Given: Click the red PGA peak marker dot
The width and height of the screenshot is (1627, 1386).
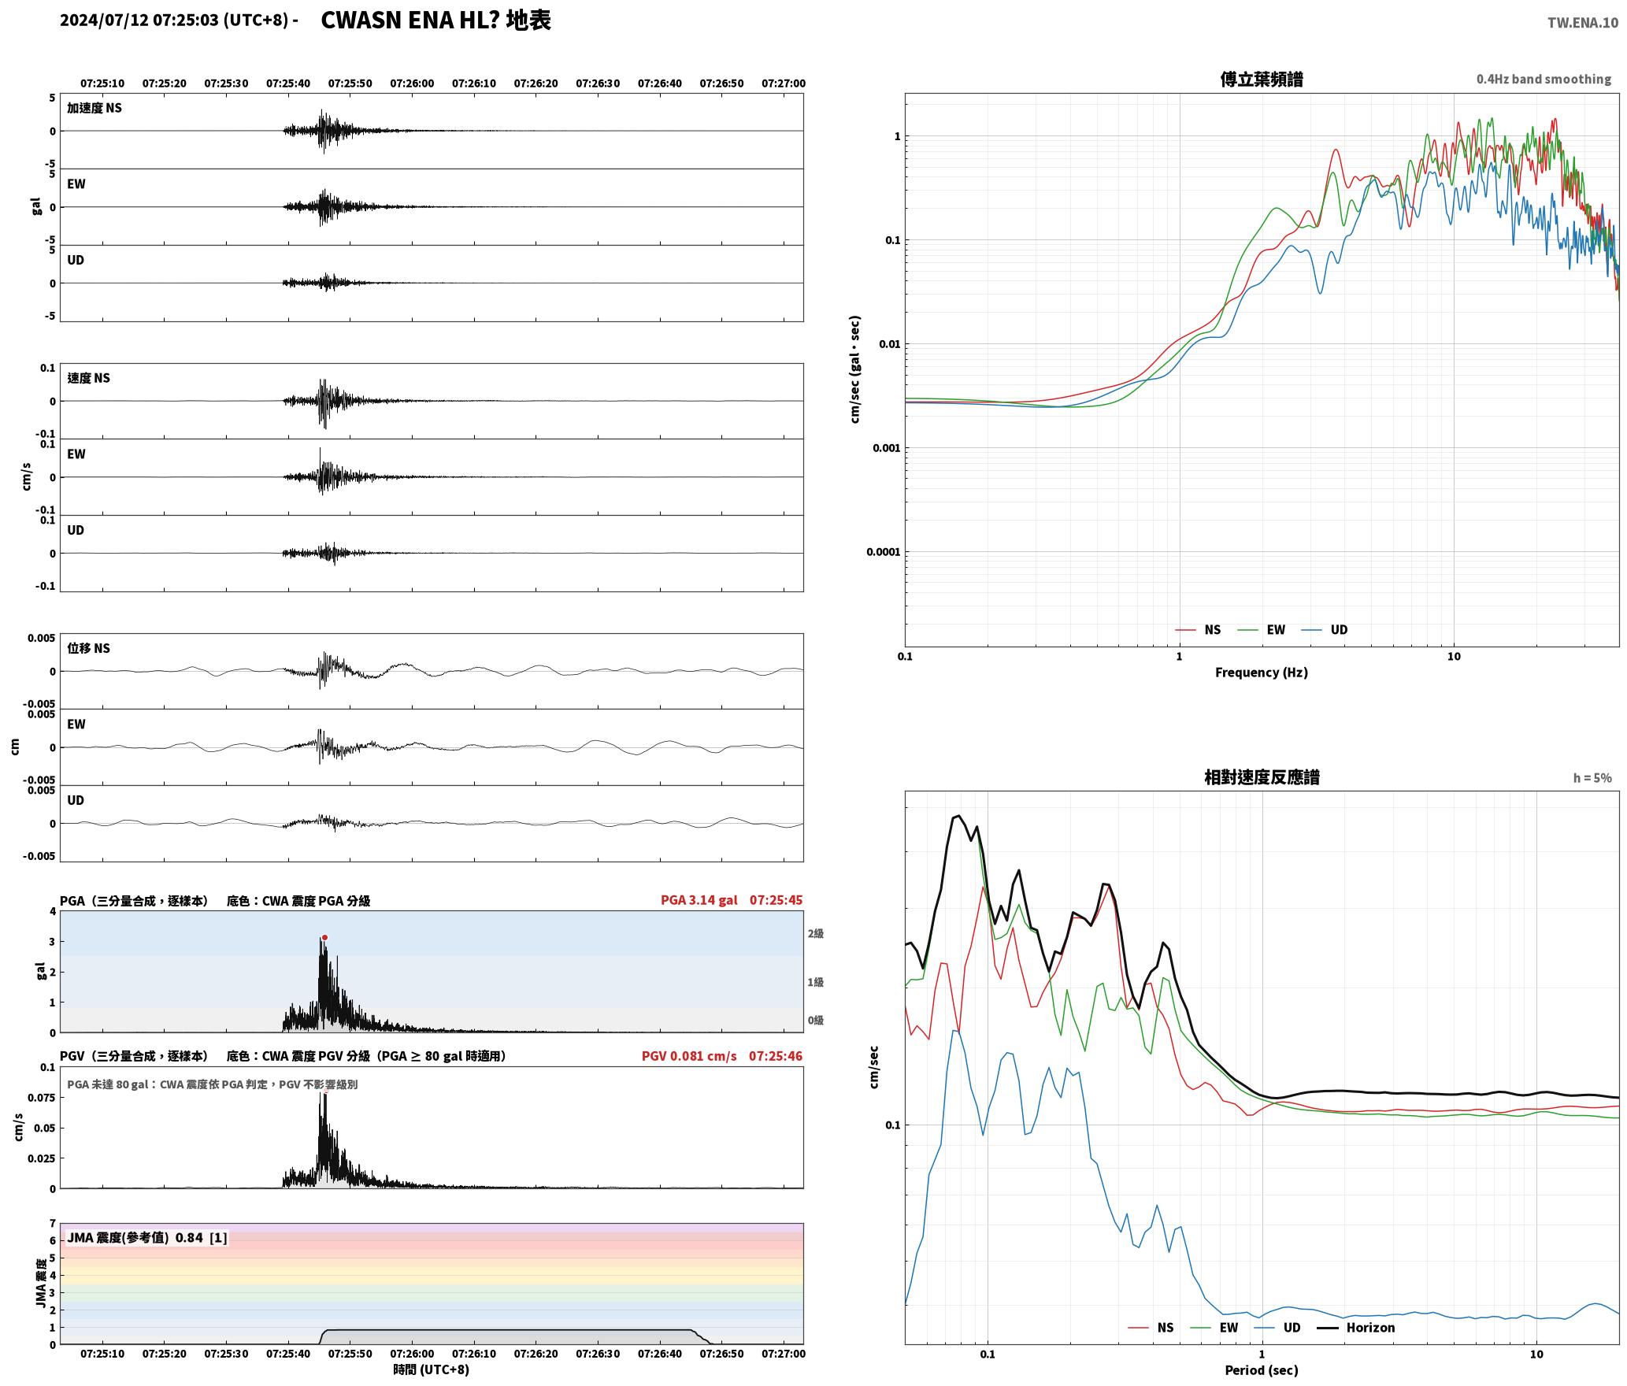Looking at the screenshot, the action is click(x=324, y=937).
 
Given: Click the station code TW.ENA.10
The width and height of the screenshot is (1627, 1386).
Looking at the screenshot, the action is click(x=1583, y=23).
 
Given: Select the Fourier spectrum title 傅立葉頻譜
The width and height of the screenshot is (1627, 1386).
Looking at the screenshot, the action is click(x=1261, y=80).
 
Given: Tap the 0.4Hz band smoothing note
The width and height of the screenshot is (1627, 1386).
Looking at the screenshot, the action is click(x=1544, y=80).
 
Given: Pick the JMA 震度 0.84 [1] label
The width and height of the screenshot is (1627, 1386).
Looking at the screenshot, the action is click(x=147, y=1238).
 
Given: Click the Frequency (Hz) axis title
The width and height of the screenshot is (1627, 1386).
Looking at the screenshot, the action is click(x=1261, y=673).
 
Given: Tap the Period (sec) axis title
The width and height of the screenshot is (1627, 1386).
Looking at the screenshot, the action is click(x=1261, y=1370).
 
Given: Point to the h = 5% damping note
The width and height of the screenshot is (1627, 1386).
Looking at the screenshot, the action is click(x=1592, y=778).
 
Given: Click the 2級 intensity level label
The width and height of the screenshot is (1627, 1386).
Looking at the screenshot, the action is click(x=815, y=934).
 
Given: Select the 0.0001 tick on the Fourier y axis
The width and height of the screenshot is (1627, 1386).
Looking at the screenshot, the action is click(x=883, y=552).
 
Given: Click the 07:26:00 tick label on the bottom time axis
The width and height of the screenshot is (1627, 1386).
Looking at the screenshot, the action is click(x=412, y=1354).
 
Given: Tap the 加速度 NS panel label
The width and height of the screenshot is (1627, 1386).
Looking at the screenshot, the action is click(x=95, y=108).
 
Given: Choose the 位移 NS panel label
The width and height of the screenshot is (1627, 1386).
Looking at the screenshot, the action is click(x=88, y=648).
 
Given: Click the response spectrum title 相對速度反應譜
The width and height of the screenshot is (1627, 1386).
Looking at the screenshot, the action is click(x=1261, y=777).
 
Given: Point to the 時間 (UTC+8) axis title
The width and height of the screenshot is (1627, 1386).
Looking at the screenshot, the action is click(x=431, y=1369).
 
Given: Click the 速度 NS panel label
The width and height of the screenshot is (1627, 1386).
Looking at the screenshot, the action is click(x=88, y=378).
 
